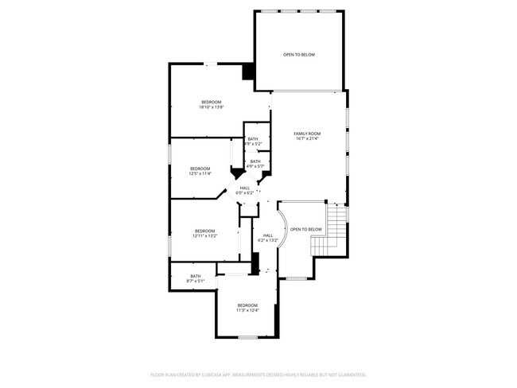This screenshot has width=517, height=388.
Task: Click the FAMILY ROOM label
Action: tap(307, 133)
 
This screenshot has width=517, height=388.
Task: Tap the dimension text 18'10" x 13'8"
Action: tap(211, 107)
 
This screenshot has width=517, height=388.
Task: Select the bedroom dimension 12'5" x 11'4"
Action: tap(200, 173)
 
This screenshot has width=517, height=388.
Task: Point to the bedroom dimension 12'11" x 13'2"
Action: tap(204, 236)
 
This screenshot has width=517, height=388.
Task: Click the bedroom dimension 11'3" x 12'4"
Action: tap(247, 311)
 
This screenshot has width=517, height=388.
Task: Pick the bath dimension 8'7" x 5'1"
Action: tap(195, 281)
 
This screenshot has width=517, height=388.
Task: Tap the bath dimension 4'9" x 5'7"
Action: tap(255, 166)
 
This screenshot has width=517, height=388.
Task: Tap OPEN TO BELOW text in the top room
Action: tap(299, 55)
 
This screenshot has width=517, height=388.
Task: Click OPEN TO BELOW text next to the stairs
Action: tap(305, 230)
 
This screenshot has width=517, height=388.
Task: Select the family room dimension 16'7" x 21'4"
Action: tap(307, 138)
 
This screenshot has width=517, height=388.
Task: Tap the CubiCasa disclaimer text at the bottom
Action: tap(258, 374)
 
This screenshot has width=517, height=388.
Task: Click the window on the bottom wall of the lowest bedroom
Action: tap(247, 338)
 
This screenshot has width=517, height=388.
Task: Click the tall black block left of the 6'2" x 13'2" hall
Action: tap(255, 263)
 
